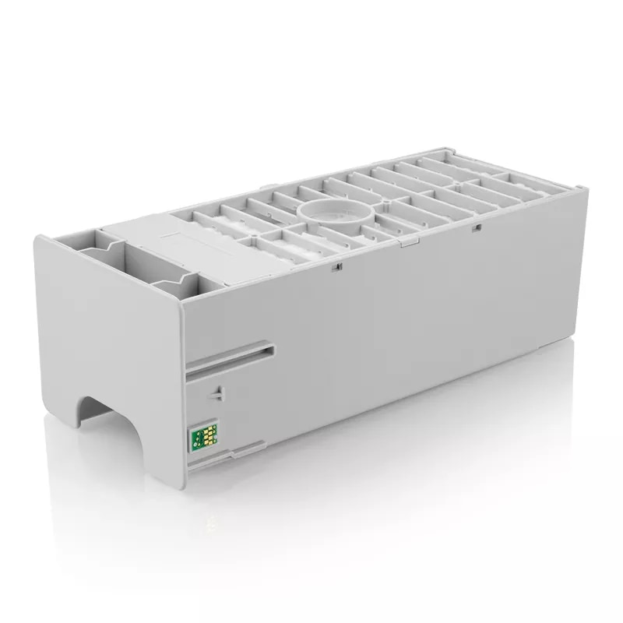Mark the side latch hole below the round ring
(336, 267)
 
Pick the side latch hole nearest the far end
(476, 227)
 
